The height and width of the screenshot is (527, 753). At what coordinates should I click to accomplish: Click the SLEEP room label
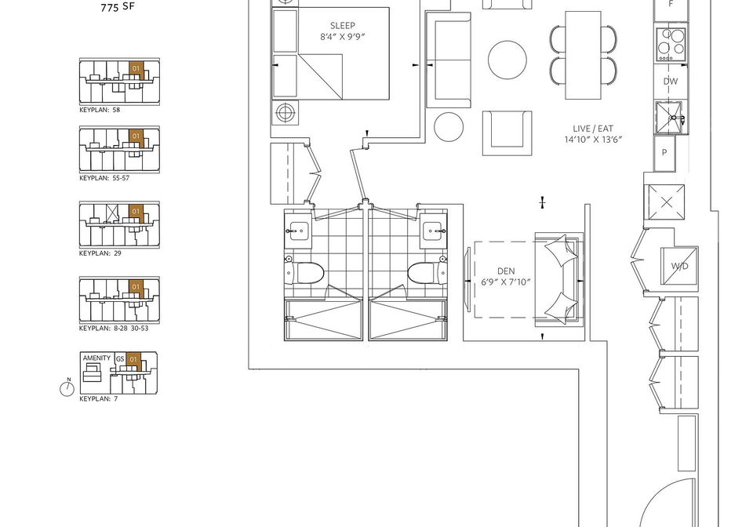343,26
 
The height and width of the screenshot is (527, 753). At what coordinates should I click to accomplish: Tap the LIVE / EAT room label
593,129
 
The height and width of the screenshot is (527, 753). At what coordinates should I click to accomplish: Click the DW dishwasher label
671,81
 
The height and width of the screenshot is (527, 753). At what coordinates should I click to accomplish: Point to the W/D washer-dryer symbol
679,266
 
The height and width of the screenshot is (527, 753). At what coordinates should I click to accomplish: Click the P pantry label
664,153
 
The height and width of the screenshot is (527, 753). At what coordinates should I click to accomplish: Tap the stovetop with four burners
671,44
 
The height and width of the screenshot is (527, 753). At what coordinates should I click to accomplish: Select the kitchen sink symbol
671,118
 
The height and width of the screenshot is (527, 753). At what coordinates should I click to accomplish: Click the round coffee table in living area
507,60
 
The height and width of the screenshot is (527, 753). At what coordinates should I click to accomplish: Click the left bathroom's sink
298,231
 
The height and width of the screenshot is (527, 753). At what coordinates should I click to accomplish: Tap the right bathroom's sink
434,231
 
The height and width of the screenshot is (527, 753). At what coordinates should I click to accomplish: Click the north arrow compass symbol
67,387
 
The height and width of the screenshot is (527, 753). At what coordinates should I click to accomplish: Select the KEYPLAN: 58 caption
100,110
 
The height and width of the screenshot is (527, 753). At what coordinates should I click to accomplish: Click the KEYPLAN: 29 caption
100,253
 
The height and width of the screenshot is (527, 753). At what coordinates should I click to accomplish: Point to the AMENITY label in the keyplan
96,358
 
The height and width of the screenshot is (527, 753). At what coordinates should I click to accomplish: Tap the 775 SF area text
118,7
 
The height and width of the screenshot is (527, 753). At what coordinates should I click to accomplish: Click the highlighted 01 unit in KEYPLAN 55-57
136,136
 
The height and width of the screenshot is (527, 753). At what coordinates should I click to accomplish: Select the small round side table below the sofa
449,127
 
